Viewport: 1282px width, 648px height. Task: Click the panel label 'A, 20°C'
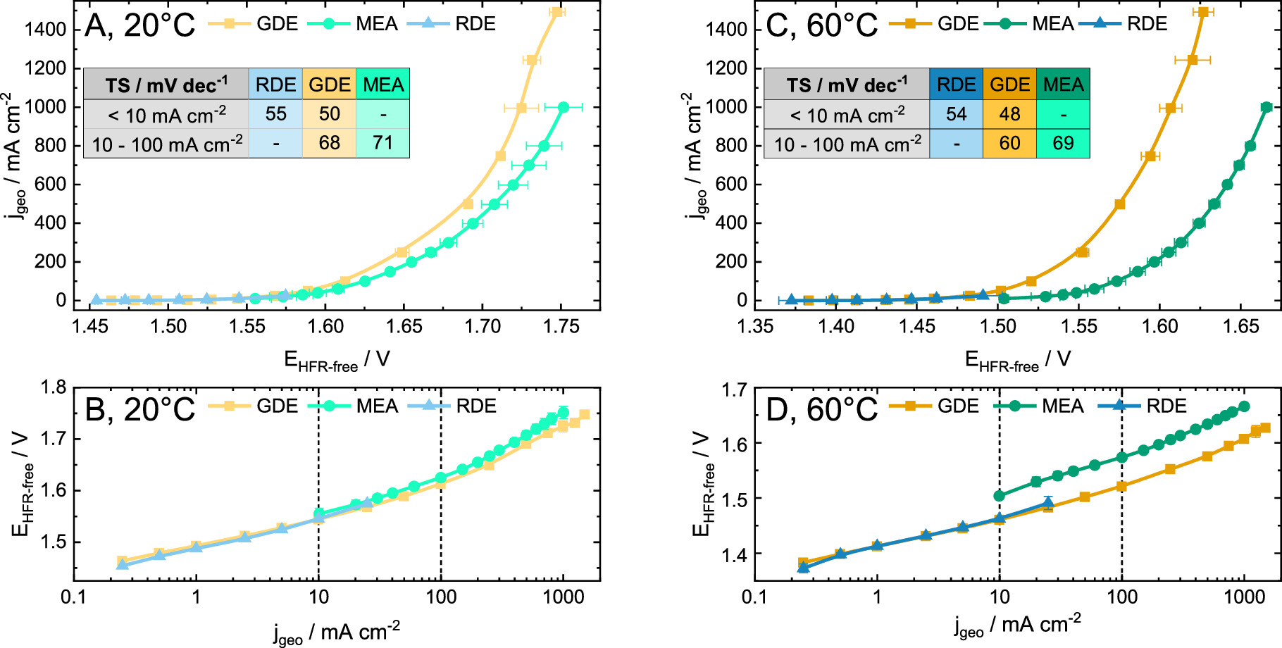tap(139, 25)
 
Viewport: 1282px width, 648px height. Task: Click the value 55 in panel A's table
tap(275, 114)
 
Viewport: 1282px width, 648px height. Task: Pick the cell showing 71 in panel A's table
tap(382, 143)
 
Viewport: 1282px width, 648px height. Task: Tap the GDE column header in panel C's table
tap(1009, 85)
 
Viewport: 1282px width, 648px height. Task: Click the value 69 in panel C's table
tap(1063, 144)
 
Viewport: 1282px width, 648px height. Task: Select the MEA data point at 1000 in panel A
tap(563, 107)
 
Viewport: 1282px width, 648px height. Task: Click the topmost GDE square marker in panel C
tap(1203, 12)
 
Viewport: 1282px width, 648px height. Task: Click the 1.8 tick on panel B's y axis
tap(54, 387)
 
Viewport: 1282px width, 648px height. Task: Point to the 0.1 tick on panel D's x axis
tap(754, 597)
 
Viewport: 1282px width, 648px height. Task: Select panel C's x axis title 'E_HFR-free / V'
tap(1017, 361)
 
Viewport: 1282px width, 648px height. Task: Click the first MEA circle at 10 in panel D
tap(999, 496)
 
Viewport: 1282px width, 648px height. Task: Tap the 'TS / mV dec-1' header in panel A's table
tap(166, 85)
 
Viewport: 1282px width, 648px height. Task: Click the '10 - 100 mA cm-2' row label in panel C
tap(847, 144)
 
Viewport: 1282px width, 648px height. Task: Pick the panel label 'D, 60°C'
tap(821, 409)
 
